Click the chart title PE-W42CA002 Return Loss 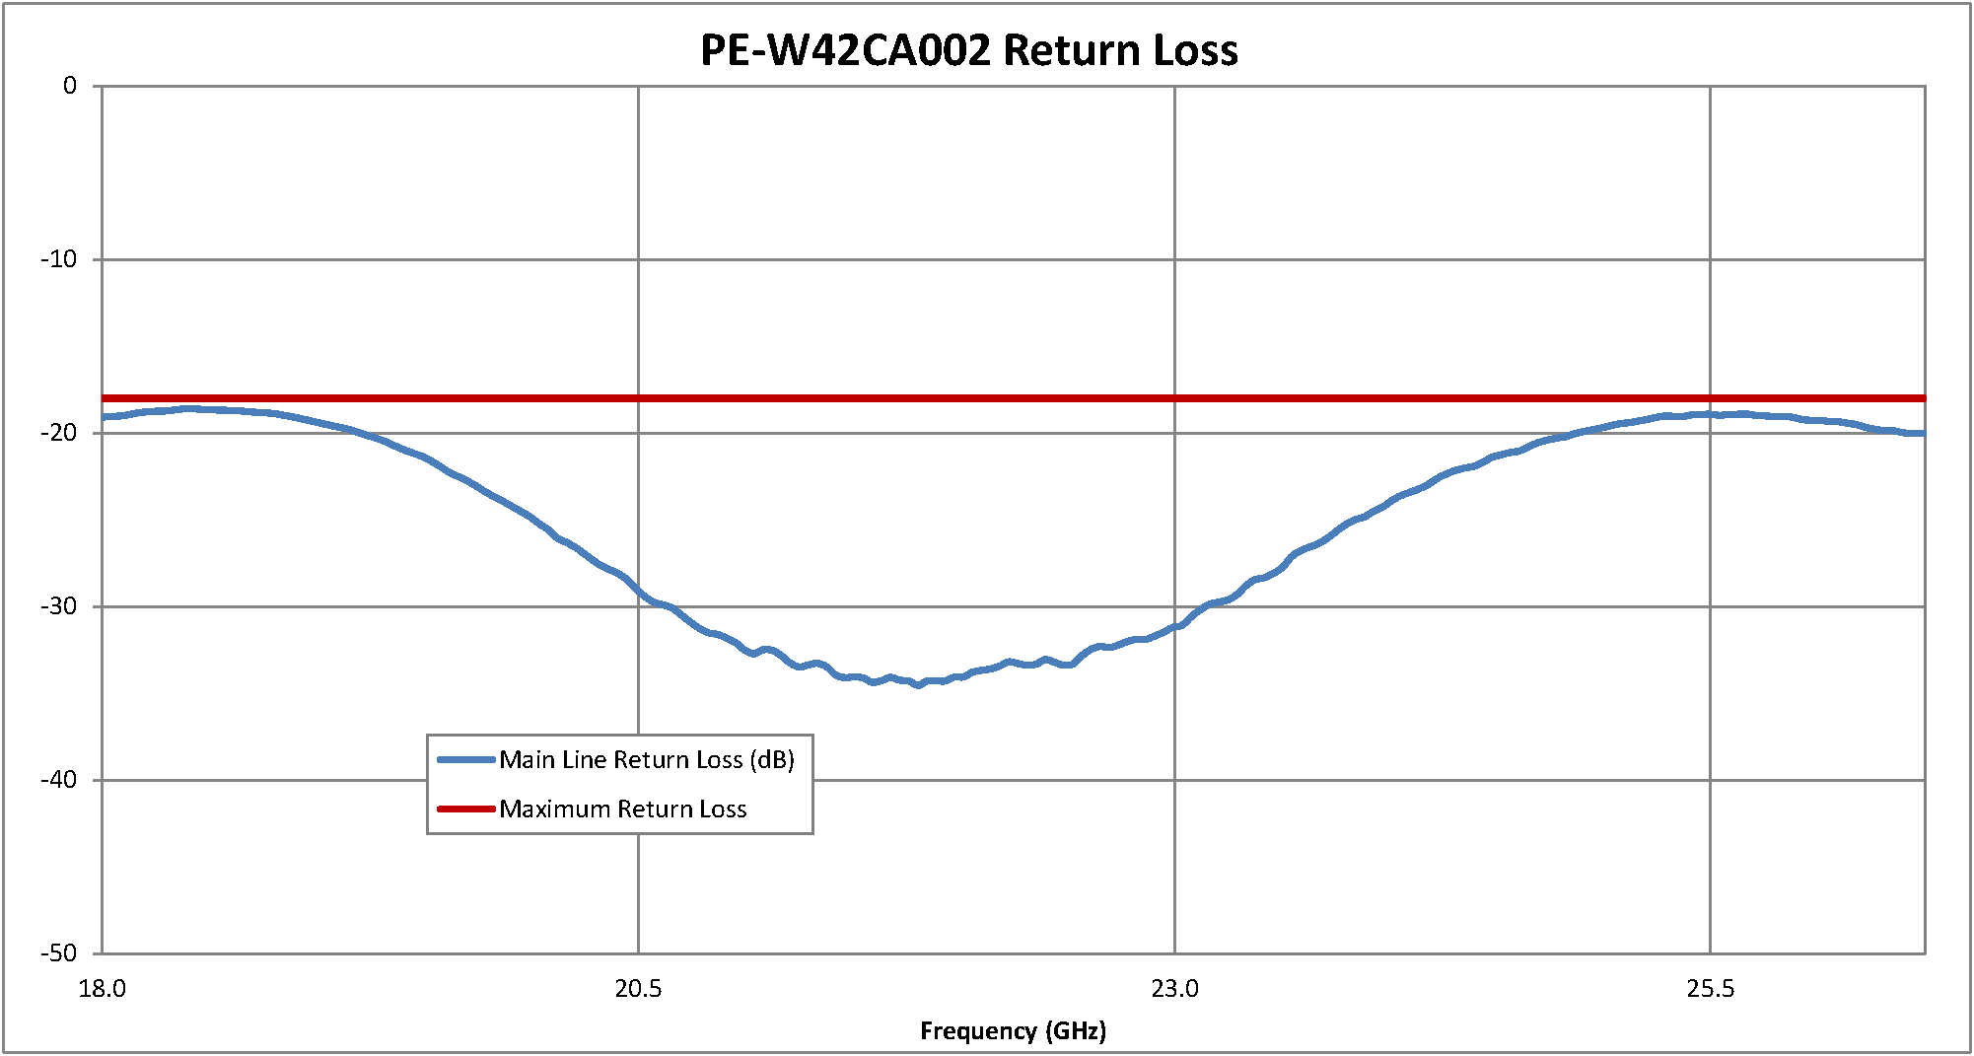pyautogui.click(x=968, y=50)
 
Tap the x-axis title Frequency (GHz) pyautogui.click(x=1013, y=1031)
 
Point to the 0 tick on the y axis pyautogui.click(x=70, y=86)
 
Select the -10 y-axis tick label pyautogui.click(x=59, y=259)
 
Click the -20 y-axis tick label pyautogui.click(x=59, y=433)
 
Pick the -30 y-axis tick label pyautogui.click(x=59, y=606)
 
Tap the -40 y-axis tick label pyautogui.click(x=59, y=780)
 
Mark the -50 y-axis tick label pyautogui.click(x=59, y=953)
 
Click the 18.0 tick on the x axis pyautogui.click(x=103, y=989)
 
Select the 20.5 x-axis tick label pyautogui.click(x=638, y=989)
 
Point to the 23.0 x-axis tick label pyautogui.click(x=1174, y=989)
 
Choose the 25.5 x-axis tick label pyautogui.click(x=1710, y=989)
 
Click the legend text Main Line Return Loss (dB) pyautogui.click(x=647, y=759)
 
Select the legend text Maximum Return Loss pyautogui.click(x=623, y=810)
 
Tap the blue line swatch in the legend pyautogui.click(x=465, y=759)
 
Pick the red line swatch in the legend pyautogui.click(x=465, y=810)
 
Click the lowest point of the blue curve pyautogui.click(x=919, y=684)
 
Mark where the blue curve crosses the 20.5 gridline pyautogui.click(x=638, y=592)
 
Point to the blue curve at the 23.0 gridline pyautogui.click(x=1174, y=626)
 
